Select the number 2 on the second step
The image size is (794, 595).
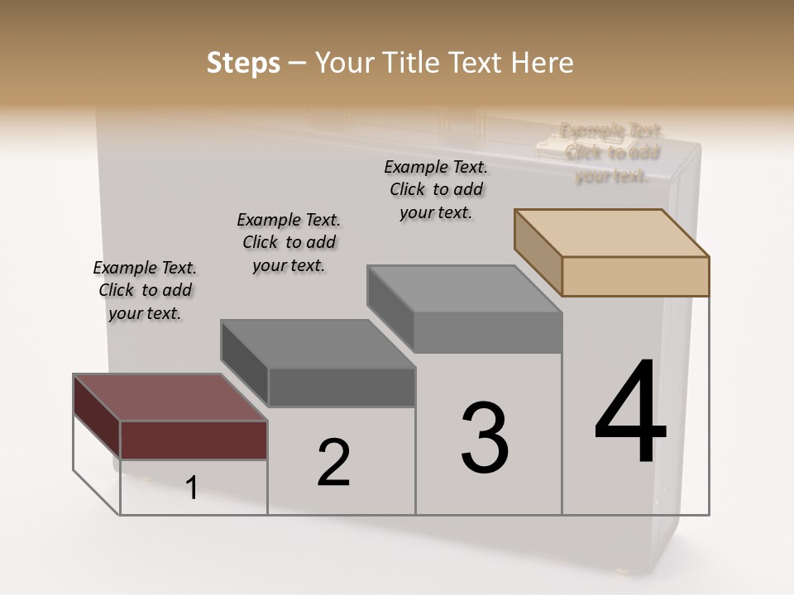[x=333, y=462]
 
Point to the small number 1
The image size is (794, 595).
[x=192, y=488]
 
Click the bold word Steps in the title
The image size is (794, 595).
[x=243, y=63]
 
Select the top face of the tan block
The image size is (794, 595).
[x=610, y=233]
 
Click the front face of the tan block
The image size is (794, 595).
[x=635, y=276]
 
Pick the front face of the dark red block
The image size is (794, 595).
[x=194, y=440]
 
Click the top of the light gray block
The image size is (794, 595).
[x=463, y=289]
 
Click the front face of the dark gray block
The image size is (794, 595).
[x=342, y=387]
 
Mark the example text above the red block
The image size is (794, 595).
[x=145, y=290]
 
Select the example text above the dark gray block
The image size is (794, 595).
[x=289, y=242]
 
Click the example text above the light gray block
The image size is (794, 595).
[x=436, y=189]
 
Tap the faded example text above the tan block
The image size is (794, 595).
[x=611, y=153]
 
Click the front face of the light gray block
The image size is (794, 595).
[x=488, y=333]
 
